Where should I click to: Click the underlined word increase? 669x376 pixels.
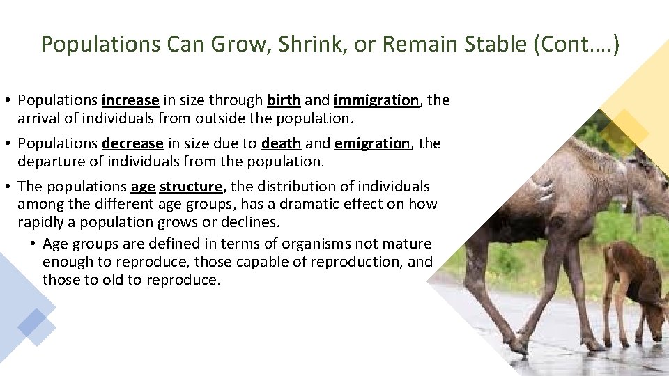130,100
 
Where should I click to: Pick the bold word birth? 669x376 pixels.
284,100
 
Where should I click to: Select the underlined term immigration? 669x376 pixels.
376,100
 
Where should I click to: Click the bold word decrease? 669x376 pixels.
132,143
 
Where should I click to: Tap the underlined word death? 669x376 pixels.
281,143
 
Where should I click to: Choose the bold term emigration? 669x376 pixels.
373,143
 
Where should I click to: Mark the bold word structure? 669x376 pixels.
191,187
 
